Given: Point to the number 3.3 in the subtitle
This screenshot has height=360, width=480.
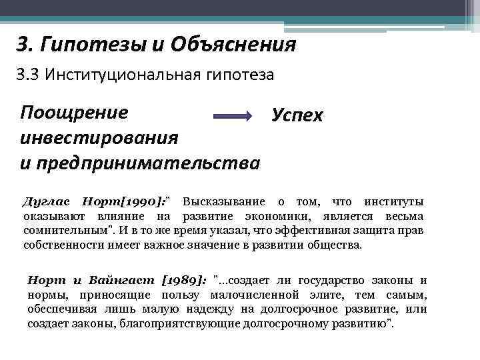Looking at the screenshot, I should (x=29, y=75).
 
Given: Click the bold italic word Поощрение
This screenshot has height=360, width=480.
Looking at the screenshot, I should (x=74, y=111).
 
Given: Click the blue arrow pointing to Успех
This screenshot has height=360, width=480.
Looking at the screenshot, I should (x=233, y=116).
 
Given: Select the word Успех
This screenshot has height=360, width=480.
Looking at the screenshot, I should (x=297, y=115).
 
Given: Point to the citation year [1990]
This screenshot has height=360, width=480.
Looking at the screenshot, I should (x=143, y=202).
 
